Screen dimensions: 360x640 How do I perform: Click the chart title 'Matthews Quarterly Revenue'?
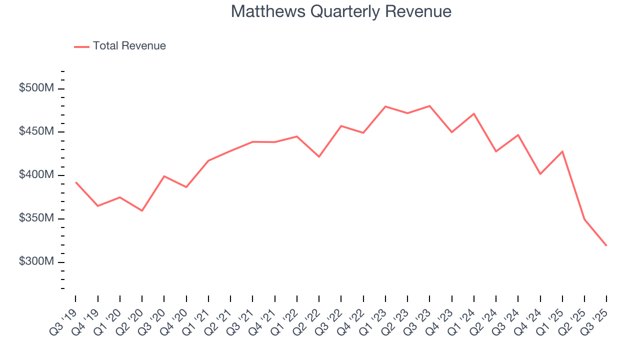click(341, 12)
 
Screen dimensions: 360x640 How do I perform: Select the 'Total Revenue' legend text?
click(129, 46)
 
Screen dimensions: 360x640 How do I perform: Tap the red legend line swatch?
click(81, 46)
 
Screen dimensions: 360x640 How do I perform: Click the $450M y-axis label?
click(36, 131)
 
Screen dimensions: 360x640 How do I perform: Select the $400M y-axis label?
click(36, 175)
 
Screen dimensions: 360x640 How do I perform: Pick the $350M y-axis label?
click(36, 218)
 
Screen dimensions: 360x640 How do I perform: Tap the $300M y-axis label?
click(36, 262)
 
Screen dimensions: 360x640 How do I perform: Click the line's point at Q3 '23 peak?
click(429, 106)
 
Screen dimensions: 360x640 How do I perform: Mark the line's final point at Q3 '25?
click(606, 245)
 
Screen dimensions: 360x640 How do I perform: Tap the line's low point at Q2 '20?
click(142, 210)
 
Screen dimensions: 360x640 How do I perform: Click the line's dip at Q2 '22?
click(319, 156)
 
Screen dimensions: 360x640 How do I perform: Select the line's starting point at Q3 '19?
click(76, 182)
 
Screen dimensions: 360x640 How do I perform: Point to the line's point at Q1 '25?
click(562, 151)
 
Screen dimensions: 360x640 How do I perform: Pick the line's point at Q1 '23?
click(385, 106)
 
